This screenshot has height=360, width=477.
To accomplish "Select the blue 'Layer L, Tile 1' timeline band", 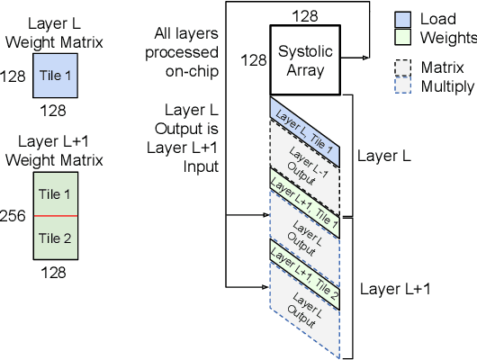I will click(x=305, y=130).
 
